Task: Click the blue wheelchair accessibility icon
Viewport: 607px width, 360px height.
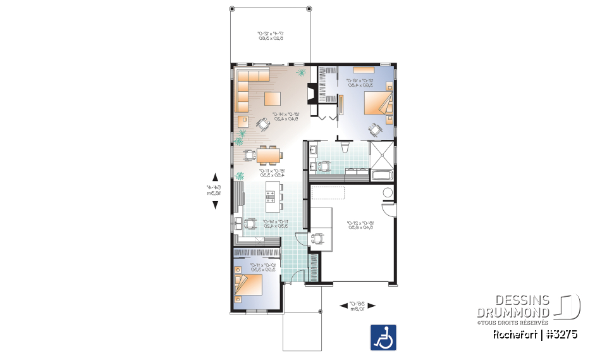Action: (x=383, y=337)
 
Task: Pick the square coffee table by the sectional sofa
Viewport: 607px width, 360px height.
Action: (x=273, y=98)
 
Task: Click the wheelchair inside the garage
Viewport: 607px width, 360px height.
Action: (x=317, y=239)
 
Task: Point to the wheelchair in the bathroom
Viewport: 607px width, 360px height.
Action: (x=326, y=167)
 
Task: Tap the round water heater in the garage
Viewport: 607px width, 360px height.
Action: (x=388, y=192)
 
